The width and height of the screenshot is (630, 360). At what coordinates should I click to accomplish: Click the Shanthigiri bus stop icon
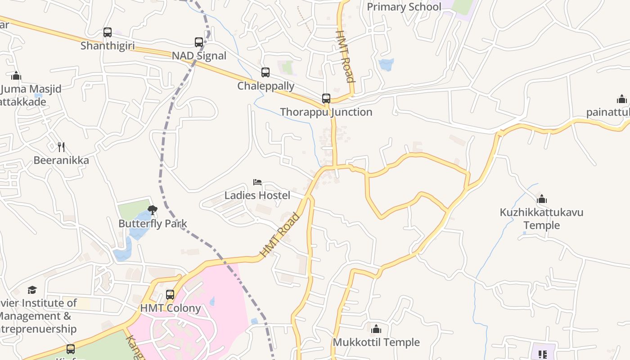point(108,32)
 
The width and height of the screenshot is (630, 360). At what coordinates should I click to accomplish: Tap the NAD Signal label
point(199,56)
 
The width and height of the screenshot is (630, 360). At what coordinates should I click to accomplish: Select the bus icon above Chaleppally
point(265,72)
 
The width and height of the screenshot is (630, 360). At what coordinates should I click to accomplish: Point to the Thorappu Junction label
point(326,112)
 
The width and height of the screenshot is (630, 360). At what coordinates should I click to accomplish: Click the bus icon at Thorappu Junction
point(326,99)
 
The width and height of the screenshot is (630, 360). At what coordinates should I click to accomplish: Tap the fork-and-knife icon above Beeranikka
point(61,147)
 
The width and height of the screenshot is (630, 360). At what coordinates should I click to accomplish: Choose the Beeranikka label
point(61,160)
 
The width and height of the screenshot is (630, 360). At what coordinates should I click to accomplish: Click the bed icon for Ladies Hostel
point(257,182)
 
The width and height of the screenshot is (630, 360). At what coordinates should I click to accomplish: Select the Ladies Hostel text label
point(257,195)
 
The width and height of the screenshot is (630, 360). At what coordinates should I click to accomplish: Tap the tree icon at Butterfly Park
point(153,210)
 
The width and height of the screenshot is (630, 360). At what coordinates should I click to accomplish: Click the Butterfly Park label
point(153,224)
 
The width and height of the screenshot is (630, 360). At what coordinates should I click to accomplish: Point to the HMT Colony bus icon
point(170,295)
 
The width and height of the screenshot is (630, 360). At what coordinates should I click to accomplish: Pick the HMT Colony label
point(171,308)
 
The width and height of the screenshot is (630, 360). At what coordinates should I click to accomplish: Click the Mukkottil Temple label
point(376,342)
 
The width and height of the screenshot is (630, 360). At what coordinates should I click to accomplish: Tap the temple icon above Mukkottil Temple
point(376,329)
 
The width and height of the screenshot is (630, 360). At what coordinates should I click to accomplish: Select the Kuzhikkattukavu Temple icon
point(542,199)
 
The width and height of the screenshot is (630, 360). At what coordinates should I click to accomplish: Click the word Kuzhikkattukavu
point(541,212)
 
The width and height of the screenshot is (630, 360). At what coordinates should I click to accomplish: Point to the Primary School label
point(404,7)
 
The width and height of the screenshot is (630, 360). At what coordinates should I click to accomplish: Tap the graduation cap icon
point(32,290)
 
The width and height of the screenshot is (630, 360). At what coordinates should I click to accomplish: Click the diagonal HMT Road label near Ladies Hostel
point(280,235)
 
